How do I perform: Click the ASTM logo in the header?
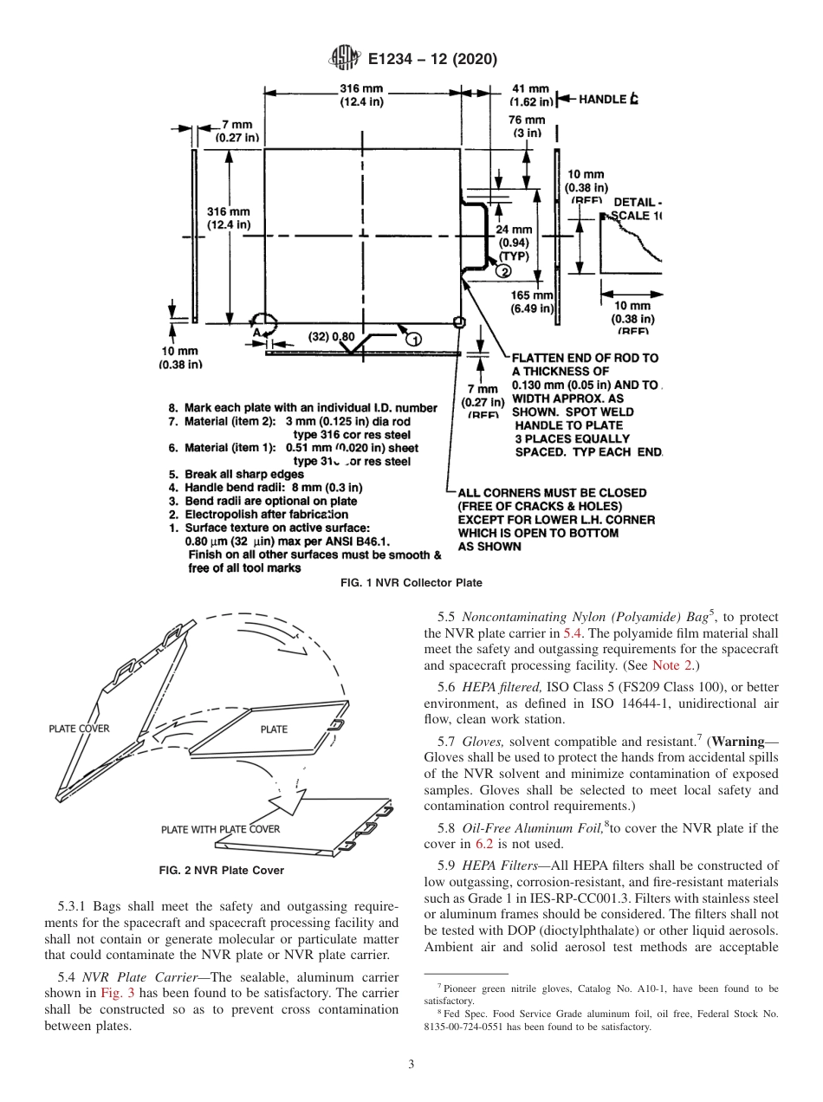(346, 59)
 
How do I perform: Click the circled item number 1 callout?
(412, 336)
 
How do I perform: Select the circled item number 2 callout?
(503, 271)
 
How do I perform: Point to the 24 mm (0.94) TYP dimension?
(515, 243)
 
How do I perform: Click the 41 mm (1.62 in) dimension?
(531, 94)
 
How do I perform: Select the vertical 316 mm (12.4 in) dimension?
(229, 218)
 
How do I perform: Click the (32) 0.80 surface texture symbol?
(331, 336)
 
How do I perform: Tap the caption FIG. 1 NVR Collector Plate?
(411, 582)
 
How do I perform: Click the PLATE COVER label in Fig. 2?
(79, 729)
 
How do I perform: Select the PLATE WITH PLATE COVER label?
(221, 829)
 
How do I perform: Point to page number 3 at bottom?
(411, 1064)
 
